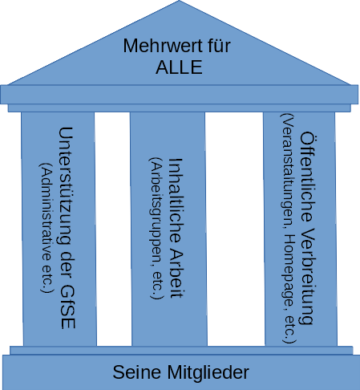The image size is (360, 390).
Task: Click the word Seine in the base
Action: coord(140,372)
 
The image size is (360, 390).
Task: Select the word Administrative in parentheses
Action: coord(45,210)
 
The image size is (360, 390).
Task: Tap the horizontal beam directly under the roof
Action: coord(180,97)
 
